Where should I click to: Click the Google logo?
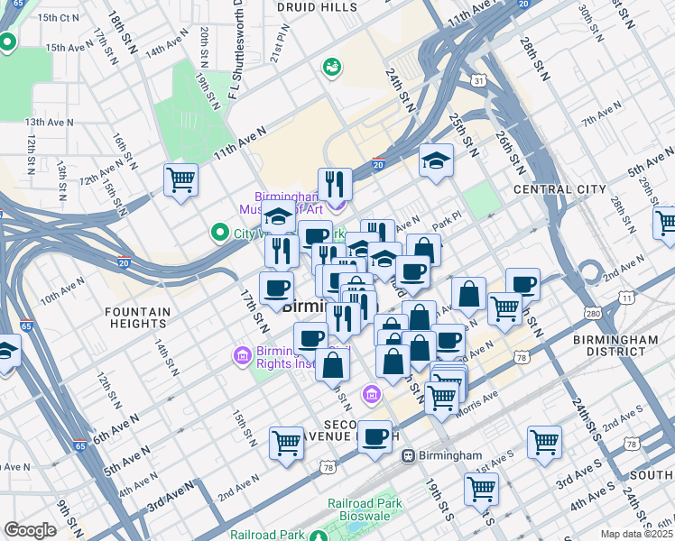[29, 531]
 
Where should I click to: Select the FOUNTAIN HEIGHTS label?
[137, 319]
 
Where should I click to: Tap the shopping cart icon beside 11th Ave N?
[180, 179]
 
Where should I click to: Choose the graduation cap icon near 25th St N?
[436, 161]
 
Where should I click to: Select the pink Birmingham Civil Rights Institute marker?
[241, 355]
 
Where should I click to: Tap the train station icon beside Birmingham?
[408, 456]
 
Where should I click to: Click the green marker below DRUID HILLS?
[332, 67]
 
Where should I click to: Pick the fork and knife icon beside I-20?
[335, 184]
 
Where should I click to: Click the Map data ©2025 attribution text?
[635, 534]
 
